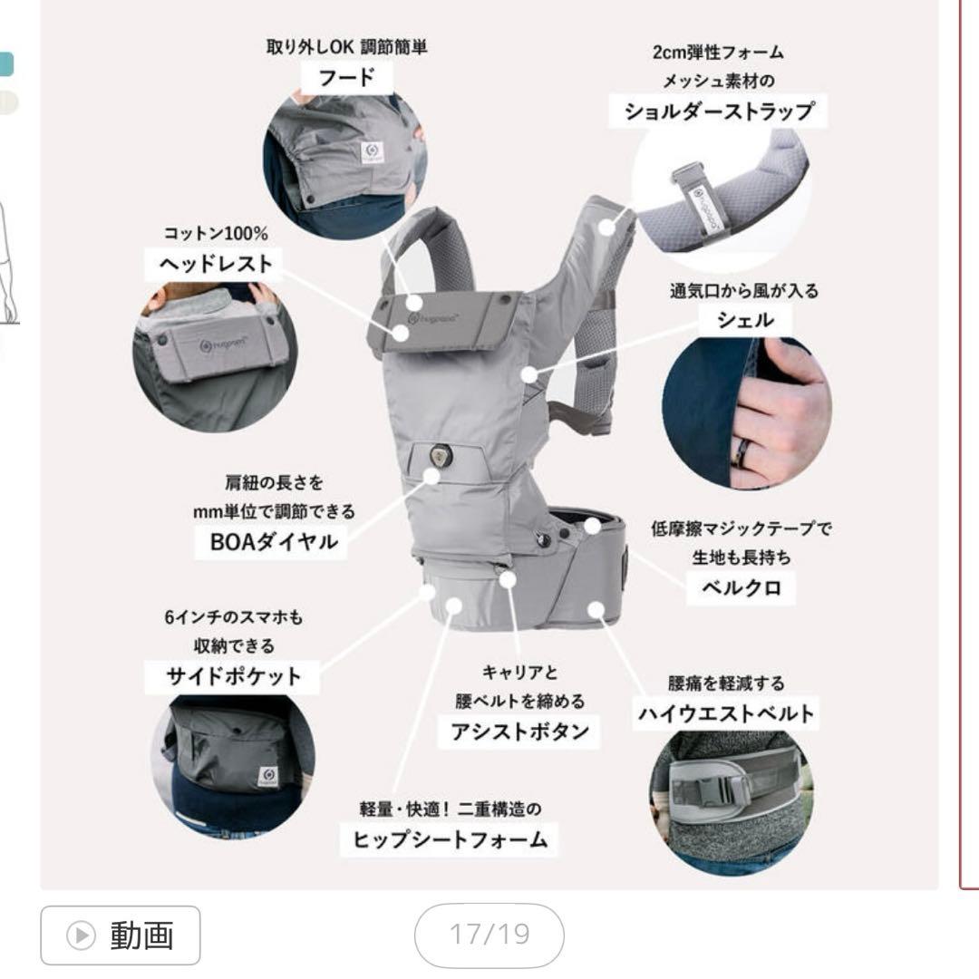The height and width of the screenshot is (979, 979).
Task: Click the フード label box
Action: (345, 78)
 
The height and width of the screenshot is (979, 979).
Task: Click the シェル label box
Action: (745, 320)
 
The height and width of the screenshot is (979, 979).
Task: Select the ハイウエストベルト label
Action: (725, 714)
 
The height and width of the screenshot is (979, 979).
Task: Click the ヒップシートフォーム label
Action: (450, 839)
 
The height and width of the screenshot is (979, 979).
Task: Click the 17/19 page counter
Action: (489, 935)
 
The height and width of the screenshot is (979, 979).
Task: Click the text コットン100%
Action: (216, 234)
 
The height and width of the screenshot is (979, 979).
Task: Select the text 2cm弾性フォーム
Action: (718, 53)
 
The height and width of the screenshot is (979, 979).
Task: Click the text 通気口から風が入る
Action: (744, 291)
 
